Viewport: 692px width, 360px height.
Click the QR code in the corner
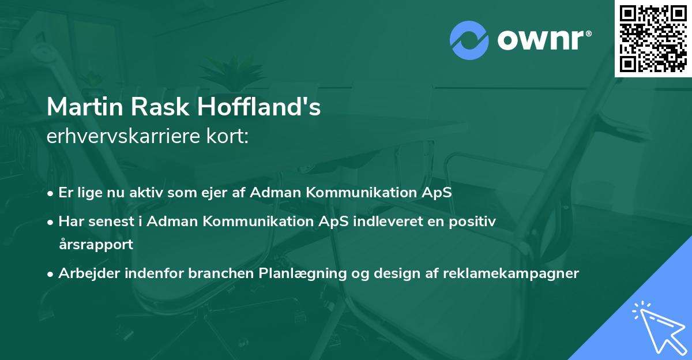pyautogui.click(x=653, y=39)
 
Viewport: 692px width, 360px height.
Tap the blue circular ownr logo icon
pyautogui.click(x=469, y=40)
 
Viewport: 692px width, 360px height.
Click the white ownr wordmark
pyautogui.click(x=540, y=40)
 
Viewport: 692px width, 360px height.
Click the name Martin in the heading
pyautogui.click(x=85, y=107)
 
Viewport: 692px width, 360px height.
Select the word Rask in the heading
pyautogui.click(x=160, y=107)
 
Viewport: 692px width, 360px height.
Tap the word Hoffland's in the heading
pyautogui.click(x=259, y=107)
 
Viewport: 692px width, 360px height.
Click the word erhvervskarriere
pyautogui.click(x=123, y=136)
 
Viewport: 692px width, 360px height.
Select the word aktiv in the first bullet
pyautogui.click(x=146, y=192)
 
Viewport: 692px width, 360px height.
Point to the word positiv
pyautogui.click(x=472, y=222)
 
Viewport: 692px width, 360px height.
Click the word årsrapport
pyautogui.click(x=96, y=245)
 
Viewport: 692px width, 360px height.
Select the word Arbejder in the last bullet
pyautogui.click(x=89, y=273)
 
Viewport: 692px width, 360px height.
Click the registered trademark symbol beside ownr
pyautogui.click(x=588, y=33)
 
